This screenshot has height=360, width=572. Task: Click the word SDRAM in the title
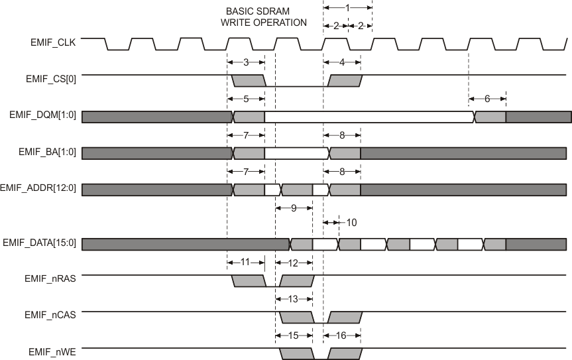[x=266, y=12]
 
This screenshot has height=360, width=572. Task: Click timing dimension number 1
[x=347, y=7]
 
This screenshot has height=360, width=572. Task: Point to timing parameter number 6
[x=487, y=99]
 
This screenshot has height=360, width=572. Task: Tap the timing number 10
[x=351, y=222]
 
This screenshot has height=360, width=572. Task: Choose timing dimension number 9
[x=294, y=208]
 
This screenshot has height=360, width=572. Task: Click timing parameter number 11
[x=245, y=262]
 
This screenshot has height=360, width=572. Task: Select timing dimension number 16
[x=342, y=335]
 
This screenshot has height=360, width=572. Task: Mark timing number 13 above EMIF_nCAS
[x=294, y=298]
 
